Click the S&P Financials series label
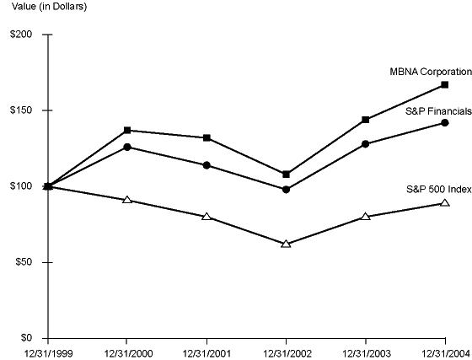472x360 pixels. click(437, 112)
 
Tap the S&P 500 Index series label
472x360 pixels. click(437, 186)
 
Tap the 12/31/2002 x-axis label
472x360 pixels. click(287, 352)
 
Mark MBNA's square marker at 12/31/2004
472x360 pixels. click(445, 85)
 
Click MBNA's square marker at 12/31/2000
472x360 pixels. click(127, 131)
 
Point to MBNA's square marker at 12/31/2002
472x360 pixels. click(287, 175)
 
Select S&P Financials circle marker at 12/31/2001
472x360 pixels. click(206, 165)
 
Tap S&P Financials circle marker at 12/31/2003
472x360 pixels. click(366, 144)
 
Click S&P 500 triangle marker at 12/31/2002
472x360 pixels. click(287, 244)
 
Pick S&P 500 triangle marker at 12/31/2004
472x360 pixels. click(445, 203)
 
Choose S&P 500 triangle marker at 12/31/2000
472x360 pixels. click(127, 200)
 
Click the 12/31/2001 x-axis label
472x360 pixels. click(206, 352)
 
